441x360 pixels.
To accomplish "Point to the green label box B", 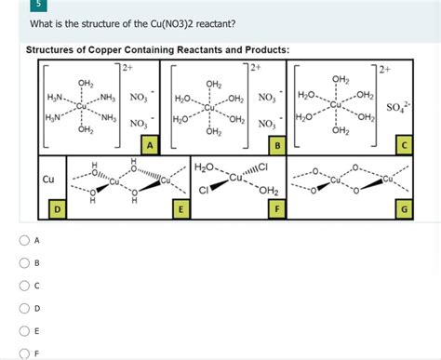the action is click(275, 144).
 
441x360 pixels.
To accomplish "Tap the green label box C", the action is click(402, 144).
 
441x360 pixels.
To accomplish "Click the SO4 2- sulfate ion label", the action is click(394, 111).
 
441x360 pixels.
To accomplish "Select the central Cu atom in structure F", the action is click(238, 177).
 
